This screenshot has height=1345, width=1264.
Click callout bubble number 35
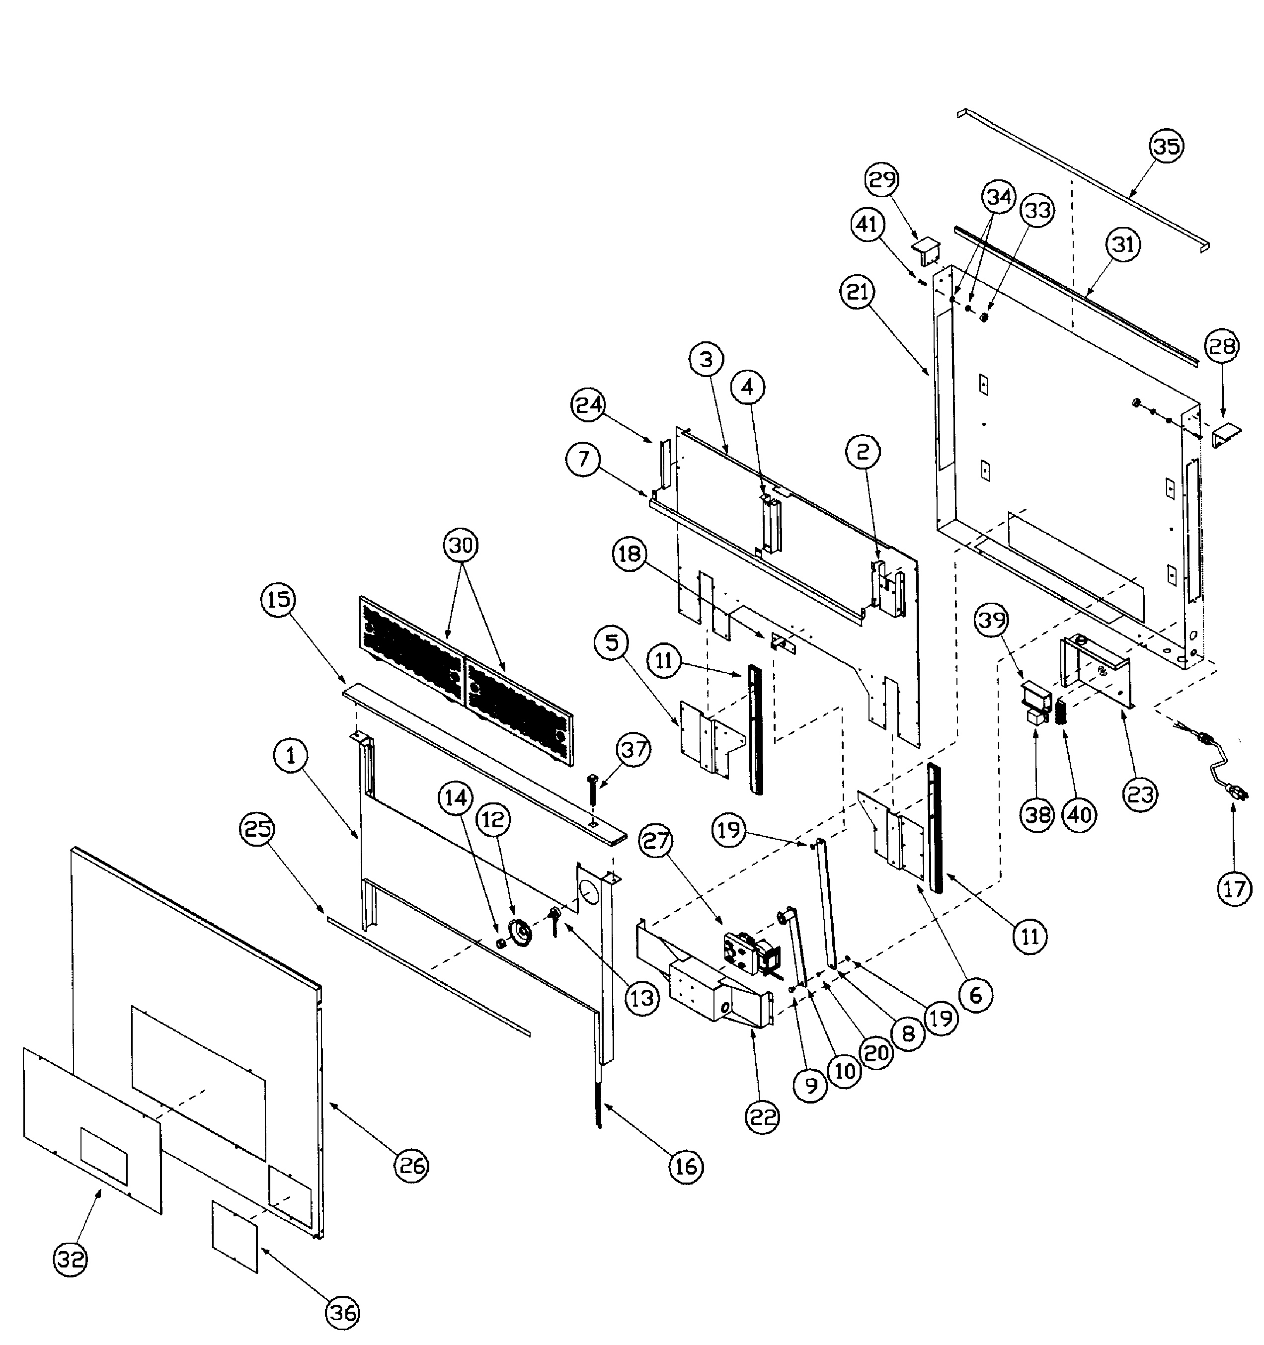(1167, 146)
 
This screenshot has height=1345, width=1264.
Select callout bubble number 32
(71, 1259)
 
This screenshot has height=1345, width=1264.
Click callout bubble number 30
(461, 545)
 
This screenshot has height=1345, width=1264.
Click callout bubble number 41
(868, 225)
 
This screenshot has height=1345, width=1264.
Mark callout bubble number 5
(612, 643)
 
